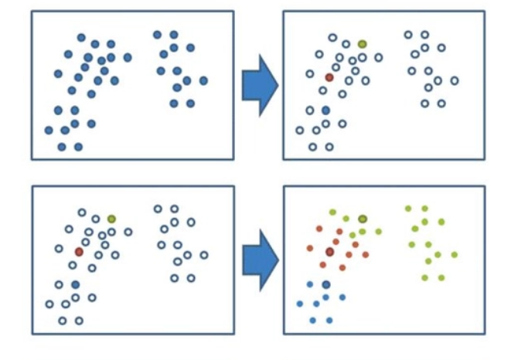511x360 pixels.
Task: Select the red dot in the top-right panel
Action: [329, 77]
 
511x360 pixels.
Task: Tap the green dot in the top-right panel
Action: [362, 44]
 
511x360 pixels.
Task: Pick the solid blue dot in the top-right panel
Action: [325, 110]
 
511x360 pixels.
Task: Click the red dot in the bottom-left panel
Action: [79, 252]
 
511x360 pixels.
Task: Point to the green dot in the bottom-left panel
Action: [112, 219]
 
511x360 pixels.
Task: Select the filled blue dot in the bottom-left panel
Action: [76, 285]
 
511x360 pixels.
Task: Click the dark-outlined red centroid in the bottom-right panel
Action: [330, 252]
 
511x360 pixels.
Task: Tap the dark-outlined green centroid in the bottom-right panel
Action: [363, 219]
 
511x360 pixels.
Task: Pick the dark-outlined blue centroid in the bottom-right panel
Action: [326, 284]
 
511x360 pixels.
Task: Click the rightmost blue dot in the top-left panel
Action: [203, 80]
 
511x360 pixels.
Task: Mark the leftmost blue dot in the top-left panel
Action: [49, 130]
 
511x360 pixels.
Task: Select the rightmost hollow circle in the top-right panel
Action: [455, 80]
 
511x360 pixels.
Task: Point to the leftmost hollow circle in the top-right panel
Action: [300, 130]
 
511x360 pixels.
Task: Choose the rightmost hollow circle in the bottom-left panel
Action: [204, 255]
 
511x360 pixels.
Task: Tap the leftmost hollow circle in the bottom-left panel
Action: [49, 304]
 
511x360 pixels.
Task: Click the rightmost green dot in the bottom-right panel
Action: [455, 254]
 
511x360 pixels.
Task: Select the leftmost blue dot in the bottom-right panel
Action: [300, 304]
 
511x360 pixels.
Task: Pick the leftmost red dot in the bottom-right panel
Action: [310, 248]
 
